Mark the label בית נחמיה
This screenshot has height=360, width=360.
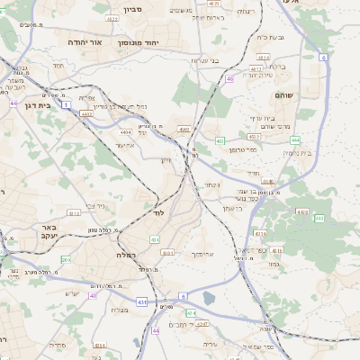296,153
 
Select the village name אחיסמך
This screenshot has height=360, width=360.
202,254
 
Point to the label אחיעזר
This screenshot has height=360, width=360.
124,145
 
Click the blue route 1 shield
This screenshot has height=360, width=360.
66,105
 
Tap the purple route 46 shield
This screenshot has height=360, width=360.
229,79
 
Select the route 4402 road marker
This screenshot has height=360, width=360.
86,114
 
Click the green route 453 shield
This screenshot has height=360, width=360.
220,140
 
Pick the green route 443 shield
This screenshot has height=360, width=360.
319,218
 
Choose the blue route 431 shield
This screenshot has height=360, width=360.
142,301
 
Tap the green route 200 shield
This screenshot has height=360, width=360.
66,259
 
